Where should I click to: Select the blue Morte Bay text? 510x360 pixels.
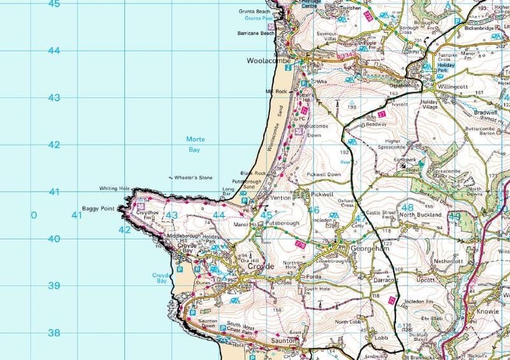point(194,145)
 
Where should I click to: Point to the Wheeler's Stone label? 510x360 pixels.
point(193,178)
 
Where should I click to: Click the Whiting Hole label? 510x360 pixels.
point(115,189)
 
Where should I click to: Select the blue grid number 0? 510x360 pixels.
point(34,215)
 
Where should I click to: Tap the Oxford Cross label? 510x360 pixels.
point(346,202)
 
